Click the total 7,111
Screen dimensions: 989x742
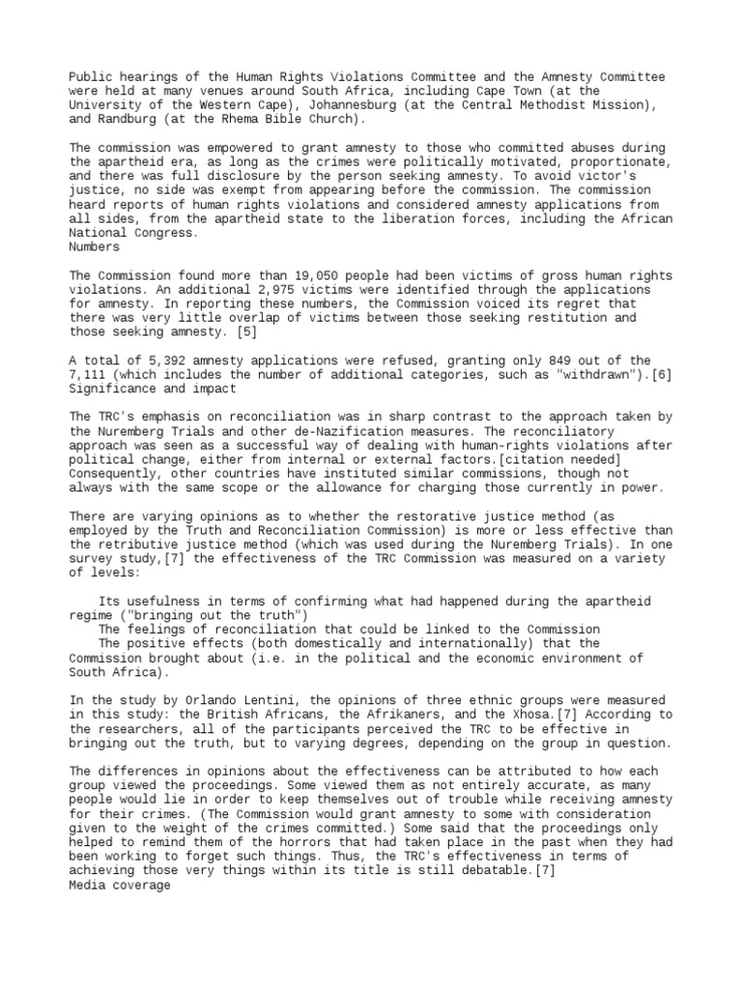(x=91, y=375)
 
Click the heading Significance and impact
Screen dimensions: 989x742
(x=153, y=388)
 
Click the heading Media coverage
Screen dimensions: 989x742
(x=121, y=857)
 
